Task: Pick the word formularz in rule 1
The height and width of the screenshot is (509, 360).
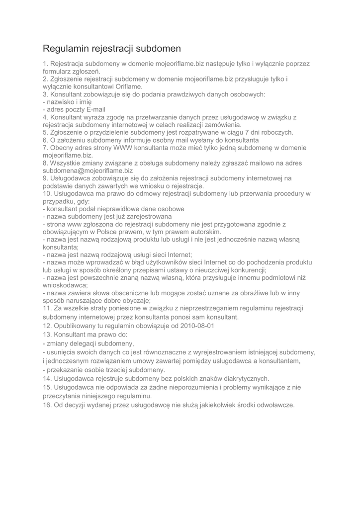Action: (x=59, y=72)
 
